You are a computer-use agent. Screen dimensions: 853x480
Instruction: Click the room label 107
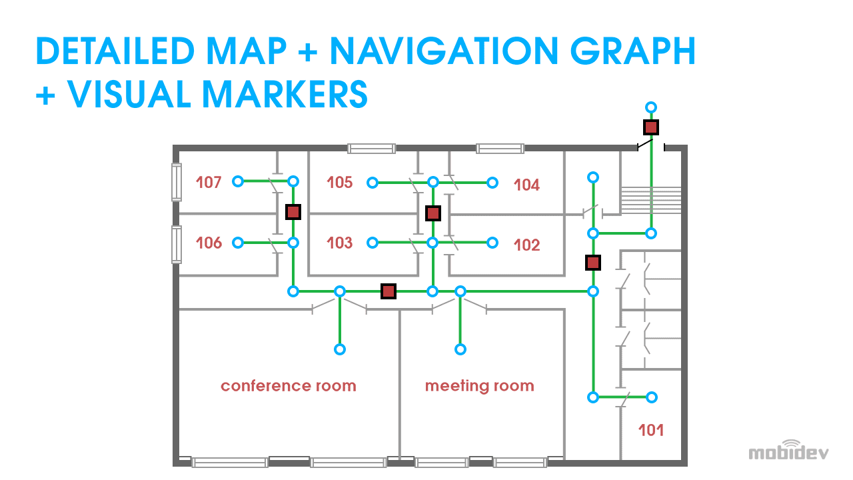pyautogui.click(x=209, y=182)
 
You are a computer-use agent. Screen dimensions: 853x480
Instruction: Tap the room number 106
pyautogui.click(x=209, y=243)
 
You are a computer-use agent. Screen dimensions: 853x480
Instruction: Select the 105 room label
pyautogui.click(x=340, y=182)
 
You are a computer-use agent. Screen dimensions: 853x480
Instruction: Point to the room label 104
pyautogui.click(x=526, y=185)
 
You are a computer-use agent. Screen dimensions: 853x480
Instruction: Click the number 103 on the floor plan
pyautogui.click(x=340, y=243)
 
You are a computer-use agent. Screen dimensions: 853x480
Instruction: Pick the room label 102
pyautogui.click(x=526, y=245)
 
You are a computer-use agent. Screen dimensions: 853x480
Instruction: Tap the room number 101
pyautogui.click(x=651, y=430)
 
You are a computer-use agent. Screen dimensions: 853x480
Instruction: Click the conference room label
pyautogui.click(x=289, y=386)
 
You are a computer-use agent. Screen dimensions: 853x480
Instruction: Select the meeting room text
pyautogui.click(x=479, y=386)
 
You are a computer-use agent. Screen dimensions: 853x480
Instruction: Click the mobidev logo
pyautogui.click(x=788, y=450)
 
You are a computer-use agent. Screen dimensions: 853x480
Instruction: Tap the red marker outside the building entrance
pyautogui.click(x=651, y=127)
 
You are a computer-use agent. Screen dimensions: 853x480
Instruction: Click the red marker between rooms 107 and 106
pyautogui.click(x=293, y=212)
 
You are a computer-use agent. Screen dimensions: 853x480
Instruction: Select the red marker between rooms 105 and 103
pyautogui.click(x=433, y=213)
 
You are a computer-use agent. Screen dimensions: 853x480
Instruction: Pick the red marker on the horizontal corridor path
pyautogui.click(x=389, y=291)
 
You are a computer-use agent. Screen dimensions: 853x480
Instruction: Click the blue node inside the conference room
pyautogui.click(x=340, y=349)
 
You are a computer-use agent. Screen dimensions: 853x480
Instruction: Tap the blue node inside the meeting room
pyautogui.click(x=460, y=349)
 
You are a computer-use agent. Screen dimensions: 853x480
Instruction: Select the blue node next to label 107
pyautogui.click(x=238, y=181)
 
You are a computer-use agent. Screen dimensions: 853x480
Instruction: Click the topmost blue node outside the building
pyautogui.click(x=651, y=107)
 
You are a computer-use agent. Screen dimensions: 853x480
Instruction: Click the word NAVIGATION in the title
pyautogui.click(x=444, y=51)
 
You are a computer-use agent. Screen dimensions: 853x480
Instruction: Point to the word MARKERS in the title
pyautogui.click(x=285, y=94)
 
